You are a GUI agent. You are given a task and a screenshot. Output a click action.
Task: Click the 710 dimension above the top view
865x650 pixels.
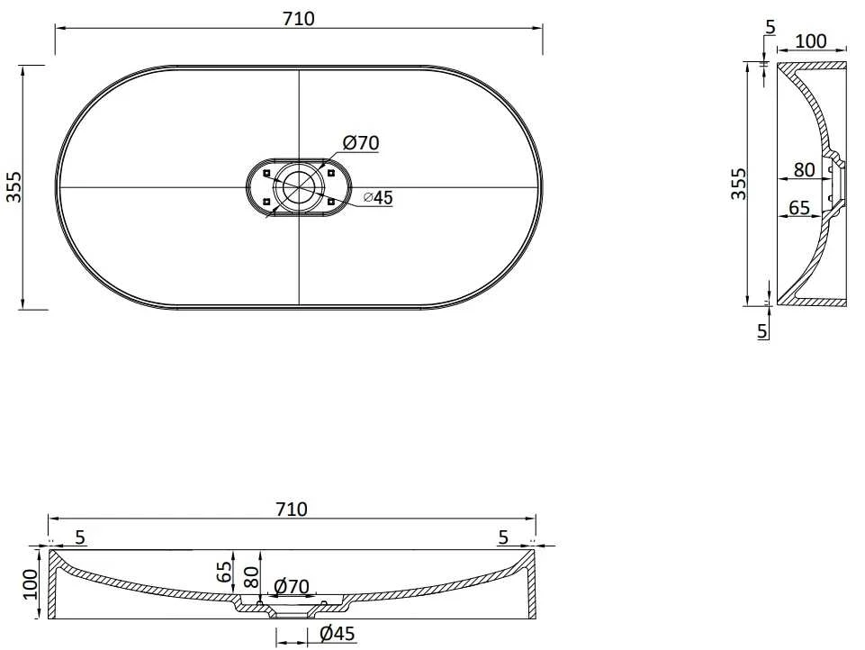299,19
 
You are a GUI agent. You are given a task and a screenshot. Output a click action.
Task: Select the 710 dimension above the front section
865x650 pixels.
292,509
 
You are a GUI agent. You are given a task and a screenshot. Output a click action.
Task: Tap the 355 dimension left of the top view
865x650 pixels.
14,186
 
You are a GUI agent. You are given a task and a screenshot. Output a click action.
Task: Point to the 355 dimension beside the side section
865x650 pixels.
738,184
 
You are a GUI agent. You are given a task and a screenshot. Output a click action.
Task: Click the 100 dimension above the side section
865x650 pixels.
811,41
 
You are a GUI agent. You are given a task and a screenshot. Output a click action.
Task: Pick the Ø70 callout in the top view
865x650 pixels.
361,143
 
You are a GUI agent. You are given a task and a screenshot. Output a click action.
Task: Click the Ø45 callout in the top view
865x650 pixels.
378,197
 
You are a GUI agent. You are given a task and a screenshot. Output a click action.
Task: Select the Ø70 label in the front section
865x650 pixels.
292,586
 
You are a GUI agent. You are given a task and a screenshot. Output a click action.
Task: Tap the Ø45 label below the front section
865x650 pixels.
338,634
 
